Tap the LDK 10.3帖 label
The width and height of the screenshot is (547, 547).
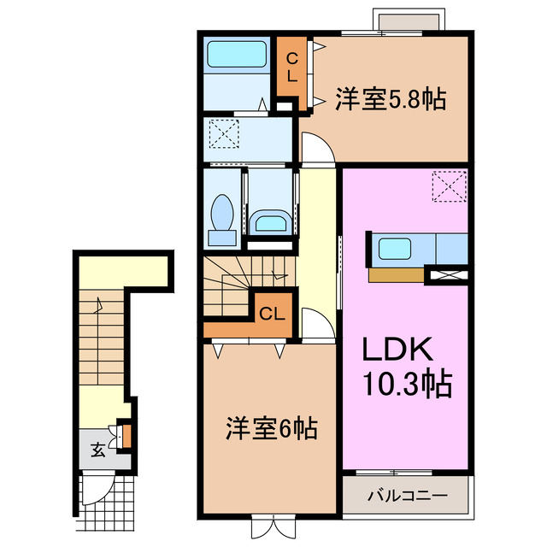[x=405, y=366]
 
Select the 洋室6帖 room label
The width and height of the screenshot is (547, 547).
[x=271, y=427]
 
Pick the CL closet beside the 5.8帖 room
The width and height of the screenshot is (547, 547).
[x=291, y=67]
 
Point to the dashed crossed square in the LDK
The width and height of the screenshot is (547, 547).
[x=450, y=185]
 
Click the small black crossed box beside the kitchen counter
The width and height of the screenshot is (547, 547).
[x=449, y=275]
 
